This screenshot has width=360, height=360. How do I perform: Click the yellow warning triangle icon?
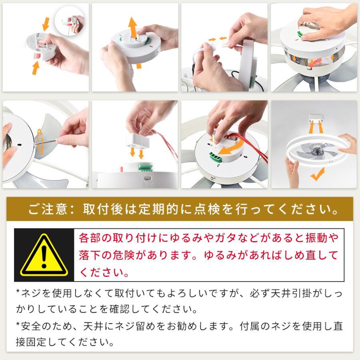(x=44, y=255)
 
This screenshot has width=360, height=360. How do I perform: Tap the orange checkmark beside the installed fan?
(x=318, y=174)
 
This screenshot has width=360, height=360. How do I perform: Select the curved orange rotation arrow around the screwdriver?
(x=40, y=141)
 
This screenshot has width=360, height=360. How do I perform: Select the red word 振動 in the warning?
(x=317, y=238)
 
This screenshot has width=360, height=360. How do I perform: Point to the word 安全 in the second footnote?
(x=31, y=326)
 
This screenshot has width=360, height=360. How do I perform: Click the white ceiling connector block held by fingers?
(x=138, y=141)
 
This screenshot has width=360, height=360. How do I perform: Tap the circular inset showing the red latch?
(x=70, y=21)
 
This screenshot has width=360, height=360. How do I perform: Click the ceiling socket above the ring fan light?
(x=316, y=118)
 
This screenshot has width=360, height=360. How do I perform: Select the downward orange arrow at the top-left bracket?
(x=46, y=24)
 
